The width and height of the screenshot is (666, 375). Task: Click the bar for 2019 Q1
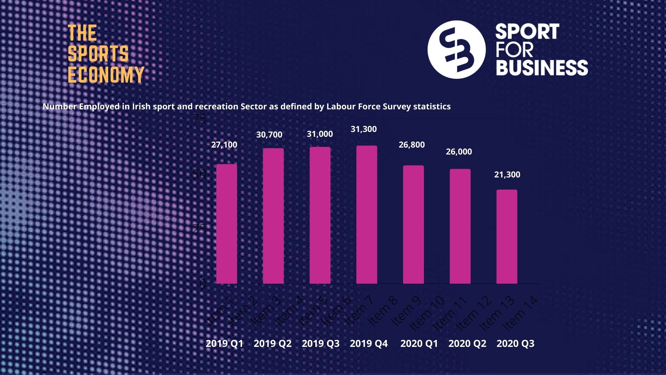point(227,224)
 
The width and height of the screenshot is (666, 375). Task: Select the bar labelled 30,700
point(273,216)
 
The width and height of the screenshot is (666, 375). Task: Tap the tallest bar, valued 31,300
point(367,215)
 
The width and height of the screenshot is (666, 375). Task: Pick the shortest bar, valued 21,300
point(507,236)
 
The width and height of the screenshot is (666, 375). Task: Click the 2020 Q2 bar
point(460,226)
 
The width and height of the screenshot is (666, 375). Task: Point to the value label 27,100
point(224,145)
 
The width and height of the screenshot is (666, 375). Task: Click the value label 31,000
point(319,134)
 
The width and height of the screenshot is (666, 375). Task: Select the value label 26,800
point(411,145)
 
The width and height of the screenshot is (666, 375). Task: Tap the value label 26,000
point(459,152)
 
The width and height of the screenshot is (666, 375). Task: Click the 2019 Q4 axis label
point(368,343)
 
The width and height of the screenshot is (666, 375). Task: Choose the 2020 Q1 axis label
point(419,343)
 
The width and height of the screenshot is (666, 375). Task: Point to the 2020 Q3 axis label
point(515,343)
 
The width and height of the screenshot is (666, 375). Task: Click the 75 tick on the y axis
point(199,119)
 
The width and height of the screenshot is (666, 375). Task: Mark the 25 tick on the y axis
point(199,229)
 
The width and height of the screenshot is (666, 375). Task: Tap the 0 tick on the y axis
point(203,284)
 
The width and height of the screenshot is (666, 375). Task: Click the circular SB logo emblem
point(456,49)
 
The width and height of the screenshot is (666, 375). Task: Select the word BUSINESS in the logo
point(541,67)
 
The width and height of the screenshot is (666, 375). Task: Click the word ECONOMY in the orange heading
point(106,75)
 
